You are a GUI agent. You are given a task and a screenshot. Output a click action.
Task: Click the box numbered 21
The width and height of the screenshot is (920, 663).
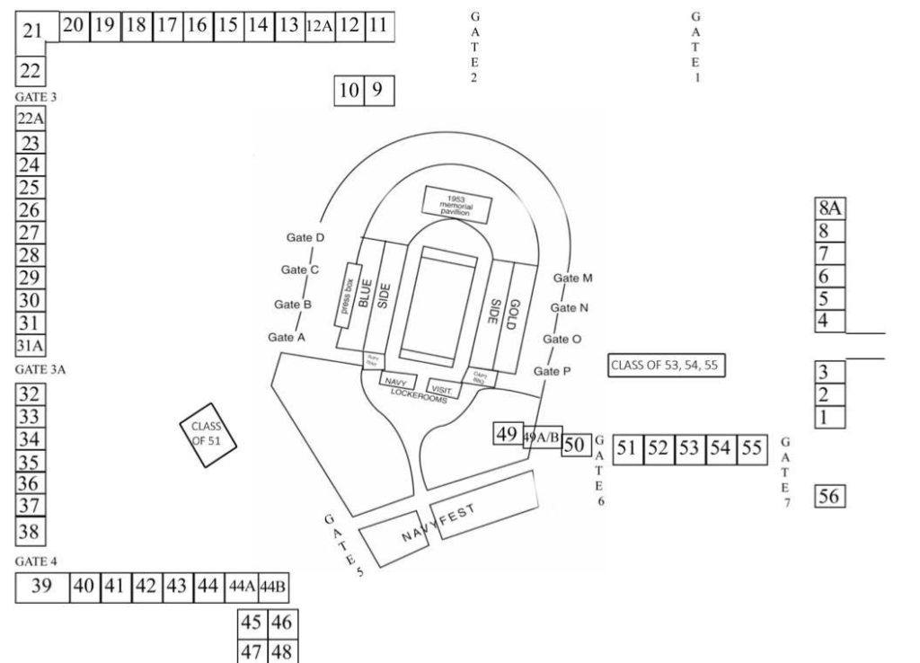[x=34, y=31]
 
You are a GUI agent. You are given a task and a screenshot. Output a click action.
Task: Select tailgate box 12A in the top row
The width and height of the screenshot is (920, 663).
[x=319, y=26]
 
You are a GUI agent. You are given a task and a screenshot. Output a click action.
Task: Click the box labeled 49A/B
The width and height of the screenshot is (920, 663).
[x=542, y=438]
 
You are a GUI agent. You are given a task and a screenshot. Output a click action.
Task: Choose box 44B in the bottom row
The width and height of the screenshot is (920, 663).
[x=273, y=587]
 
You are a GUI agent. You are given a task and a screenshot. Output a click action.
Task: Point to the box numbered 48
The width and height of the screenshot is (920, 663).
[x=281, y=650]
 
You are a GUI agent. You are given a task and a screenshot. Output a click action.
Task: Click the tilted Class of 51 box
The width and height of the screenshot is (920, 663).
[x=208, y=434]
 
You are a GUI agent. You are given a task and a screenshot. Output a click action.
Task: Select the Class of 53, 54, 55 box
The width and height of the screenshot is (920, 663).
[x=667, y=366]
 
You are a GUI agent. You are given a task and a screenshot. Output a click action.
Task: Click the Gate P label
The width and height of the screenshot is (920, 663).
[x=552, y=371]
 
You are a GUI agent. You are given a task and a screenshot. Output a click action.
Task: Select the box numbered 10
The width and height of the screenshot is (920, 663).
[x=349, y=89]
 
